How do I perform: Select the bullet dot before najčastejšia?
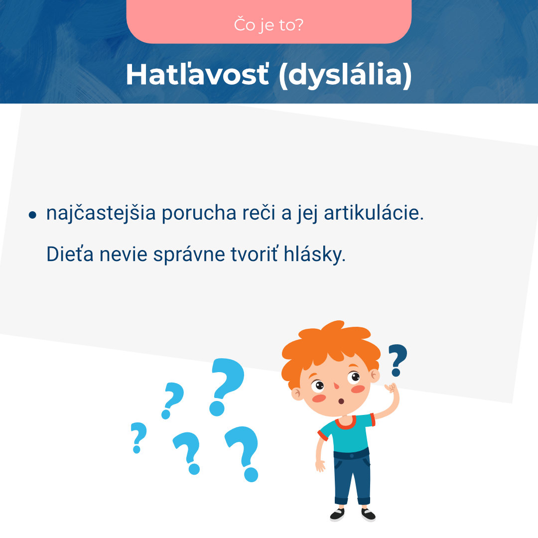click(33, 215)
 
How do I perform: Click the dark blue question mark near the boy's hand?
click(398, 359)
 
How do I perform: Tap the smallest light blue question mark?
click(138, 437)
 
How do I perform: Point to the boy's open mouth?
click(341, 401)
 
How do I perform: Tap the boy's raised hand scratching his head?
click(392, 389)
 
